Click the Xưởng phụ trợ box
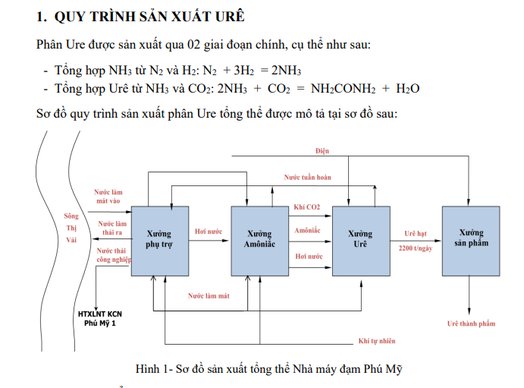coord(158,239)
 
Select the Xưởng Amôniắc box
coord(259,239)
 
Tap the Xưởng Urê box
coord(359,239)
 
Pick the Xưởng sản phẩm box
coord(471,238)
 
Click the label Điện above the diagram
coord(323,152)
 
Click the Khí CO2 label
coord(307,207)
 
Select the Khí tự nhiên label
coord(376,341)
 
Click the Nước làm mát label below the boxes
coord(209,295)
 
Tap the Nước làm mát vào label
coord(108,197)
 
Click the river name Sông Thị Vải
coord(72,228)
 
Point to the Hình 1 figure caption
coord(268,369)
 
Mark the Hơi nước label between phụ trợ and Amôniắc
coord(209,231)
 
